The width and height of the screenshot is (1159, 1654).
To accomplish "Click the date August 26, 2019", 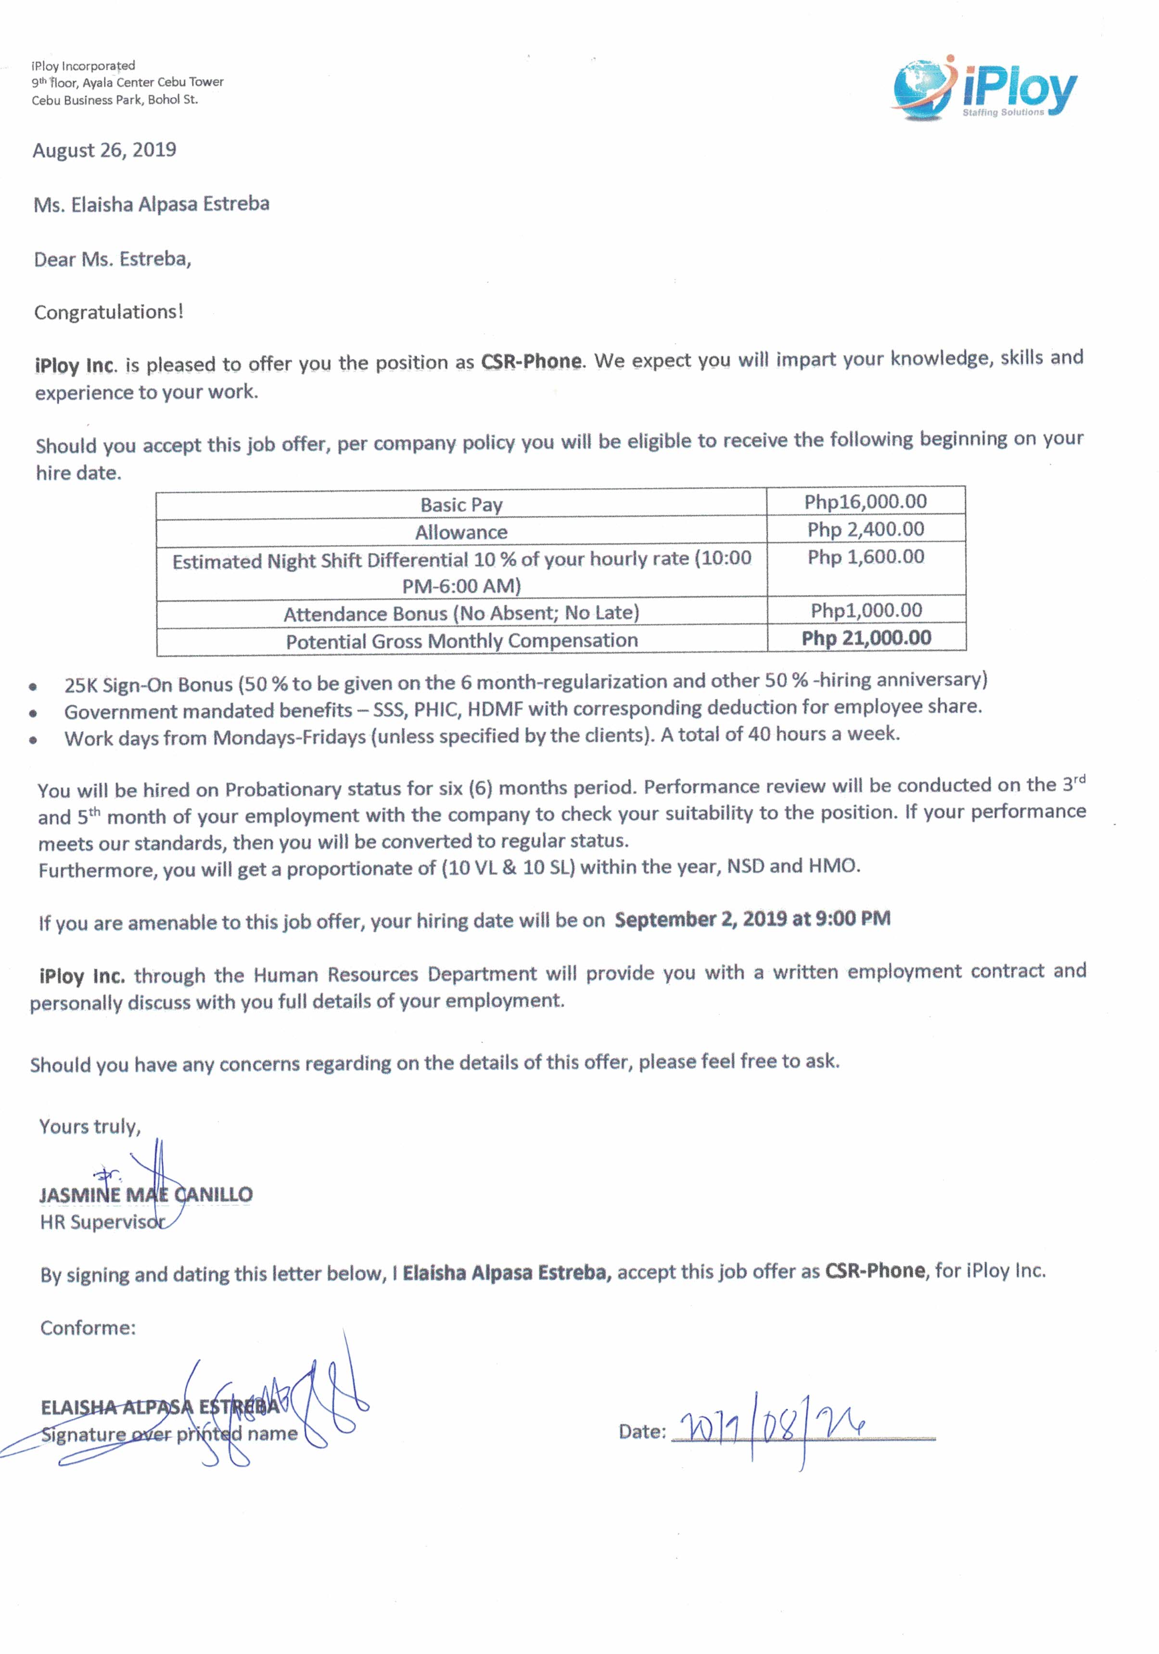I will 104,150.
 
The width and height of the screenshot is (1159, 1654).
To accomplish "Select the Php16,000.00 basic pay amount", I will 865,501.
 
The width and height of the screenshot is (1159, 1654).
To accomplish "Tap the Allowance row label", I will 461,532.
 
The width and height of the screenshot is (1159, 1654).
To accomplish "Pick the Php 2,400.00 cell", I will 865,529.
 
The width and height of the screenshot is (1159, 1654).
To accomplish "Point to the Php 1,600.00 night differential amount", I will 865,556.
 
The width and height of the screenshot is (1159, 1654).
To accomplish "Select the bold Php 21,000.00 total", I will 866,638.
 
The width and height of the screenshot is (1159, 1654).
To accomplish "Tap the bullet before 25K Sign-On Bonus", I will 33,686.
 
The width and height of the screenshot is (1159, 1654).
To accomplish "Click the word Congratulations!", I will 109,312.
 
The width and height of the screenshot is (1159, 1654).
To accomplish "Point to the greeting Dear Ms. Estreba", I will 113,258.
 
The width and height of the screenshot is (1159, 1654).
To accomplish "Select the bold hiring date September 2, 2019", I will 752,919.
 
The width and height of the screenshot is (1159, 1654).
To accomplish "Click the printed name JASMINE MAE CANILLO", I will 145,1194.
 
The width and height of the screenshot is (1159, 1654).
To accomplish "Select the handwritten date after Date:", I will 774,1428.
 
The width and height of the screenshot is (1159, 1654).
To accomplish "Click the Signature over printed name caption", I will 168,1434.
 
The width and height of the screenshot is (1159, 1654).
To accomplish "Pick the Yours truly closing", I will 90,1126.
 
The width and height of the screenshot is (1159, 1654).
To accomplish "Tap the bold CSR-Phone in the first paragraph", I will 531,361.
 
